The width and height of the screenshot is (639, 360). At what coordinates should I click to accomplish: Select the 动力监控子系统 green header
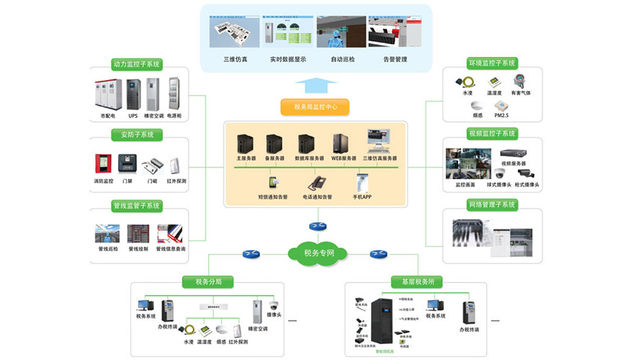pyautogui.click(x=137, y=64)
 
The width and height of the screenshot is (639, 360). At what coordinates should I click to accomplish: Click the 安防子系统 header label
pyautogui.click(x=137, y=135)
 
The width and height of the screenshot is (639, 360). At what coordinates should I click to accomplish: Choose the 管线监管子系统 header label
pyautogui.click(x=137, y=205)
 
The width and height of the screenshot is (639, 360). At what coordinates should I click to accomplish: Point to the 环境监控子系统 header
pyautogui.click(x=492, y=63)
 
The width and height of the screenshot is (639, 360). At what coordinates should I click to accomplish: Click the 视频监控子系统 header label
pyautogui.click(x=492, y=134)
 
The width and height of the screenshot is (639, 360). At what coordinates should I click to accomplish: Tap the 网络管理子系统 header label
pyautogui.click(x=492, y=205)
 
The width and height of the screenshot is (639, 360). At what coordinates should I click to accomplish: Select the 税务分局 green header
pyautogui.click(x=209, y=282)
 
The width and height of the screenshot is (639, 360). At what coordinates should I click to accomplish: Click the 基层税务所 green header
pyautogui.click(x=416, y=282)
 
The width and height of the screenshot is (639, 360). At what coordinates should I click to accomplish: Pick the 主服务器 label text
pyautogui.click(x=246, y=158)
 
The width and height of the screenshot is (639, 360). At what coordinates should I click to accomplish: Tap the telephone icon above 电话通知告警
pyautogui.click(x=317, y=182)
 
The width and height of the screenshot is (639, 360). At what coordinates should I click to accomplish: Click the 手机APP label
pyautogui.click(x=362, y=196)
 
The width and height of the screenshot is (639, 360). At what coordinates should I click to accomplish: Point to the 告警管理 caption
pyautogui.click(x=395, y=59)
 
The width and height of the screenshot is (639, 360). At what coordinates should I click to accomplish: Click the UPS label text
pyautogui.click(x=133, y=115)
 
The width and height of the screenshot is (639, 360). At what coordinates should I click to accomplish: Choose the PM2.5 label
pyautogui.click(x=502, y=115)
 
